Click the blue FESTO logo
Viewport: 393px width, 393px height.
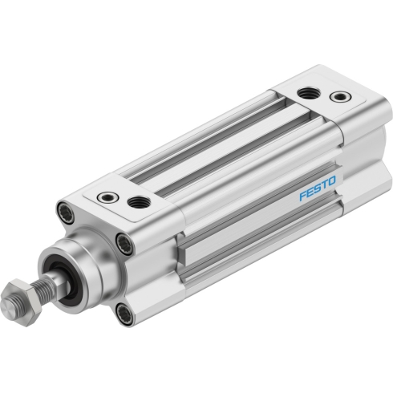coord(317,188)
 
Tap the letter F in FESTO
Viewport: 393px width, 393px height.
coord(302,196)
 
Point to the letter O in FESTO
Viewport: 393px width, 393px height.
coord(331,181)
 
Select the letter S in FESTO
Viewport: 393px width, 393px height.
coord(317,188)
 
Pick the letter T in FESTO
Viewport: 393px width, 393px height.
coord(323,185)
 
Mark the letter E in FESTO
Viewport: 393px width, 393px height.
coord(310,192)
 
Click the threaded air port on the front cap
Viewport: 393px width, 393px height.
coord(139,202)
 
